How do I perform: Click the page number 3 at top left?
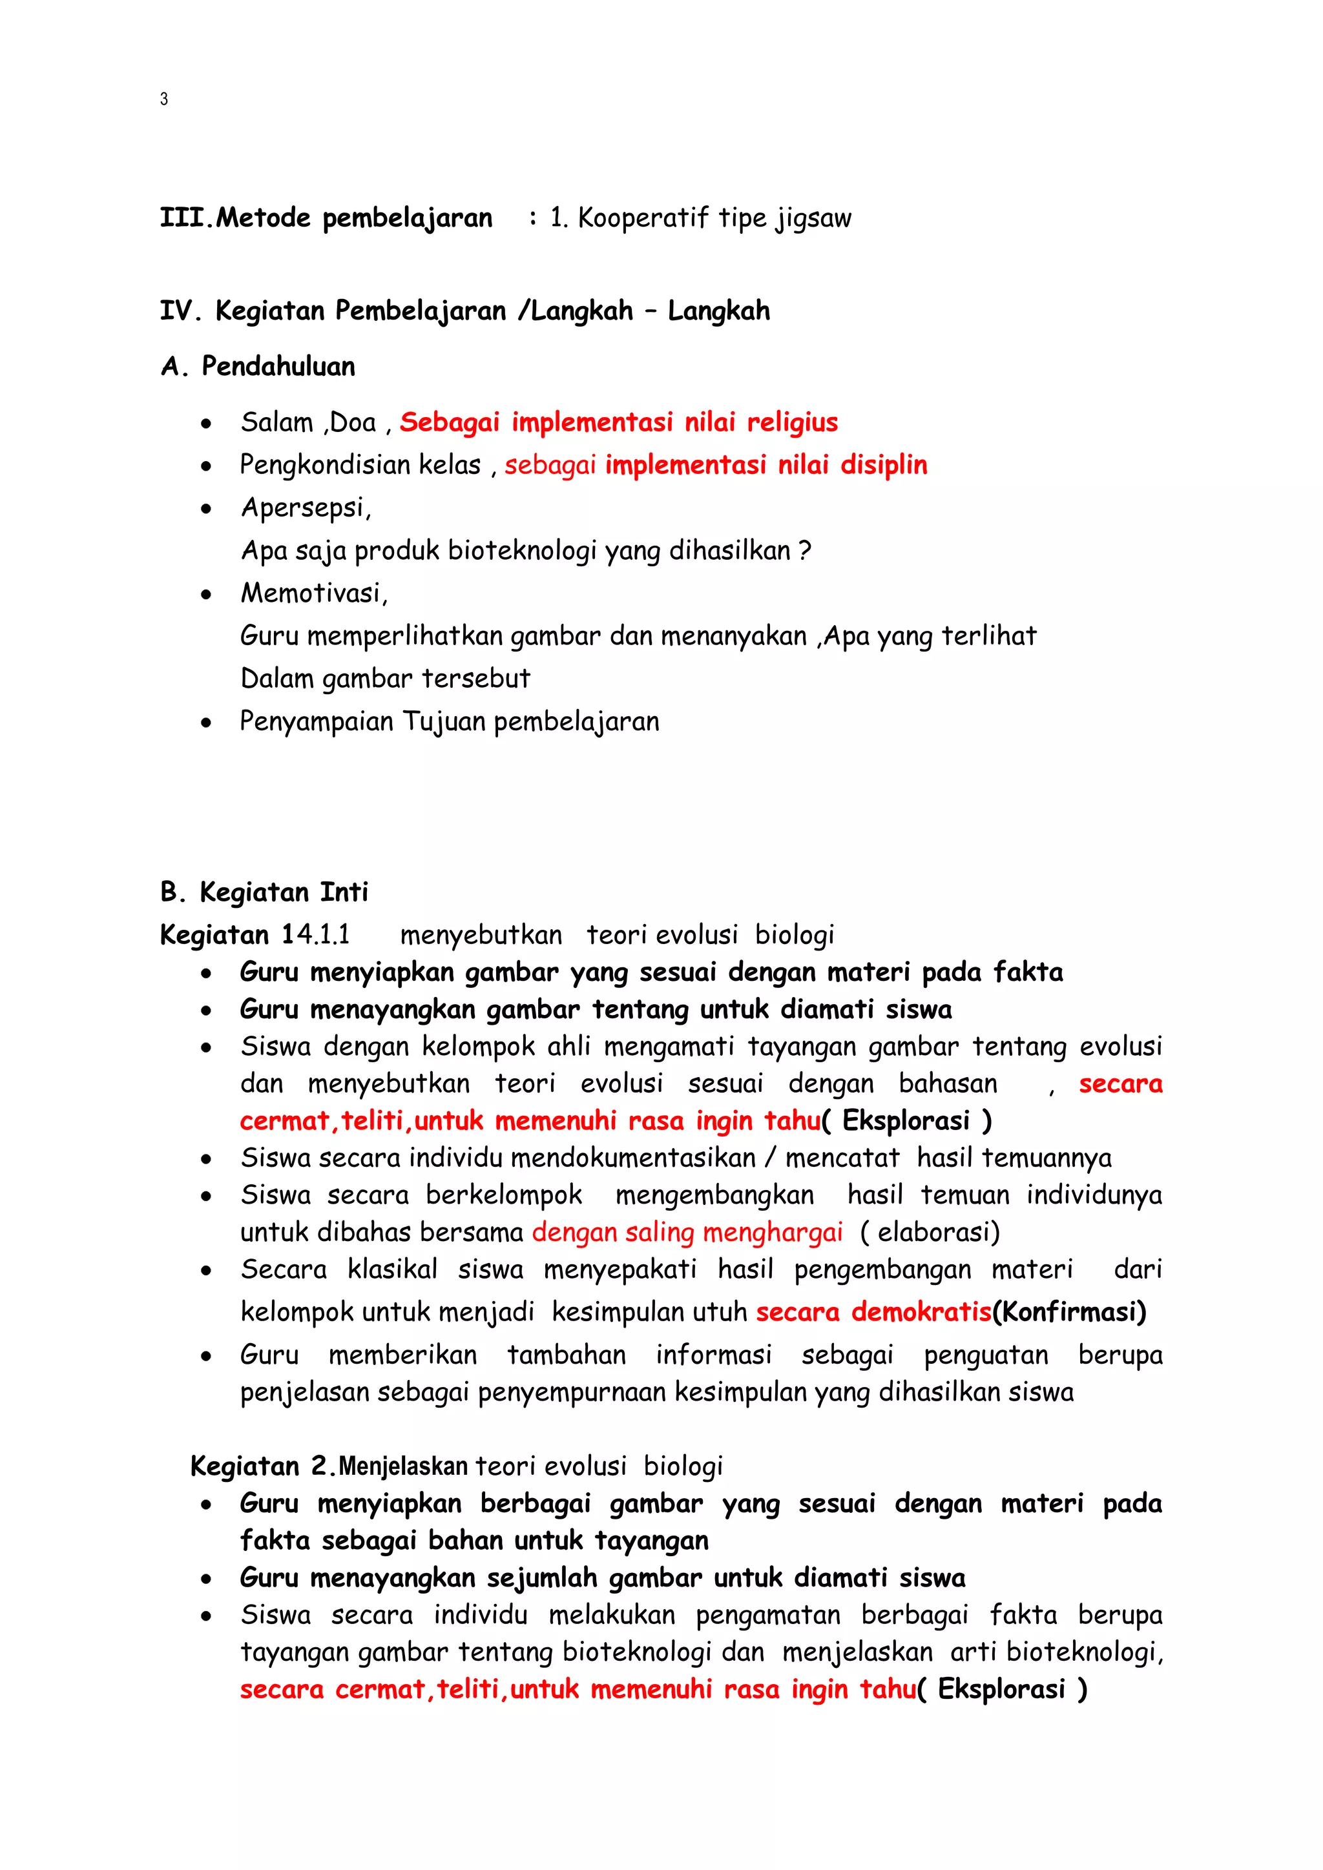pos(163,99)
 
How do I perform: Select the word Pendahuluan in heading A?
pos(278,367)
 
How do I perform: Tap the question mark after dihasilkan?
pos(804,551)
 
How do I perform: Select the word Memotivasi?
pos(313,594)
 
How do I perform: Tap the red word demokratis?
pos(921,1312)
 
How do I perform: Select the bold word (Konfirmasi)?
pos(1069,1312)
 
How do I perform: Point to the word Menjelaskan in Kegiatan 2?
pos(402,1467)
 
